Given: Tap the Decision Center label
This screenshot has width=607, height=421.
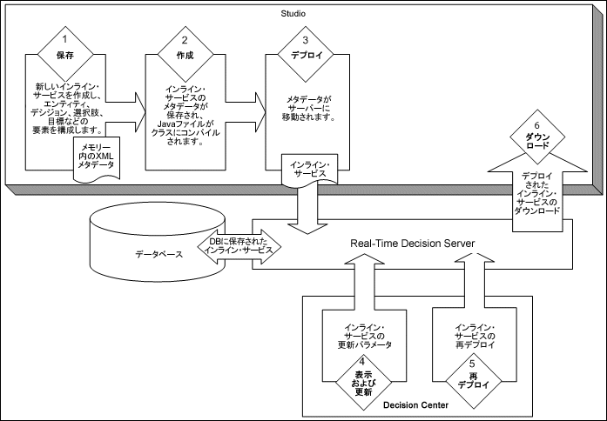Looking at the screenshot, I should pos(415,405).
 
